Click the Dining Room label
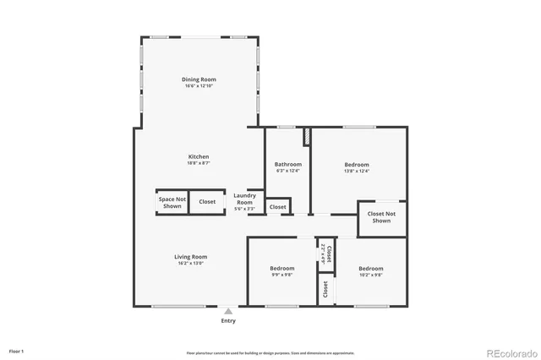point(199,79)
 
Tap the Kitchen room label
point(199,156)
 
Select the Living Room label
point(191,257)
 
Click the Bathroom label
point(288,164)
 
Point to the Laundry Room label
point(244,199)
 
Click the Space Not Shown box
point(172,202)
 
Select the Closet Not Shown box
point(381,217)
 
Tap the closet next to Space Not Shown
point(207,202)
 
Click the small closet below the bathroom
point(277,206)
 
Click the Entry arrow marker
point(228,311)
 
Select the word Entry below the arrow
point(228,321)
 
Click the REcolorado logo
point(509,352)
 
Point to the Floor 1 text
point(17,350)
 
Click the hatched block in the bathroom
point(307,136)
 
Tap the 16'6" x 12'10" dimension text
point(199,86)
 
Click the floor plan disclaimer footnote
point(270,353)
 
